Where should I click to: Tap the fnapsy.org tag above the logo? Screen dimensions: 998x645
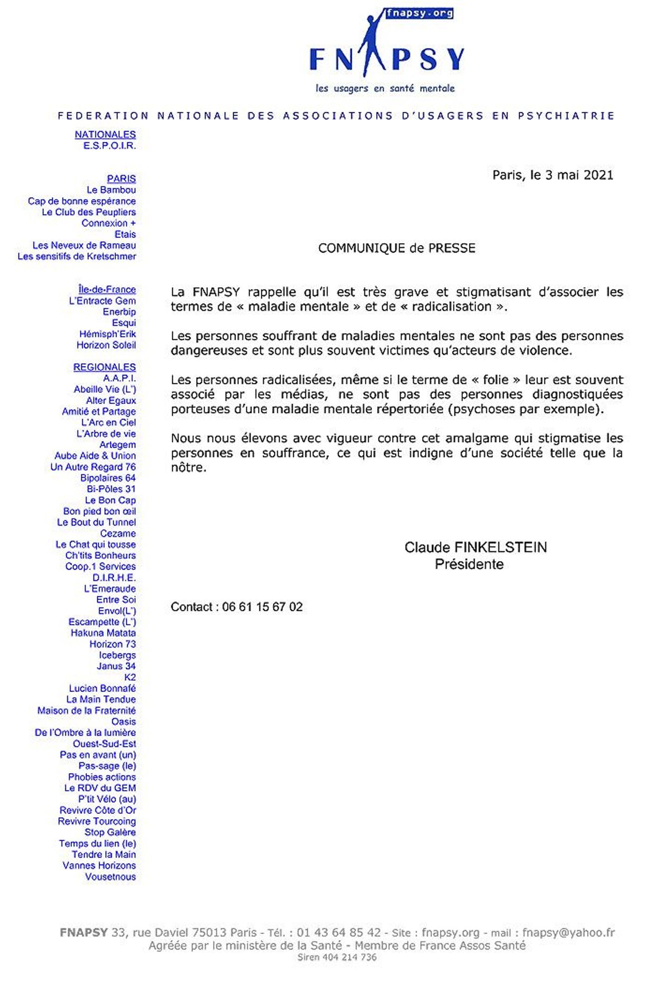pos(419,13)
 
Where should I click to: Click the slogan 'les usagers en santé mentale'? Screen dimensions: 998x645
pos(385,88)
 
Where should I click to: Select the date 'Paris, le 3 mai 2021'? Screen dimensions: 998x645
pos(553,175)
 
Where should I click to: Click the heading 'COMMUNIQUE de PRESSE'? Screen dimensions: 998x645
pos(397,248)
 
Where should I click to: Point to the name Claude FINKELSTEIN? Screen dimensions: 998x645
pos(475,547)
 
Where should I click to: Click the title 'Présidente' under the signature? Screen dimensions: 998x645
pos(469,564)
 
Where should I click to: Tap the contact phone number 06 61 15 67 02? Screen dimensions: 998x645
pos(262,607)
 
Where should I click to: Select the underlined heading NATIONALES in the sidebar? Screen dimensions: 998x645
pos(105,135)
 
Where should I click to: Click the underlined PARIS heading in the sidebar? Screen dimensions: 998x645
pos(121,179)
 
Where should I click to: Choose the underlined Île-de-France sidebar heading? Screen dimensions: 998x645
pos(107,289)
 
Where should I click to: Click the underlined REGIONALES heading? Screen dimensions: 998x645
pos(104,367)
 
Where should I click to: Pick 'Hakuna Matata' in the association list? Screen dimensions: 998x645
pos(103,633)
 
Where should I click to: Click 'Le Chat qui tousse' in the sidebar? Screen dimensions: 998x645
pos(95,544)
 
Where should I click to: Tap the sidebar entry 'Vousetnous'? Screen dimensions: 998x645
pos(110,877)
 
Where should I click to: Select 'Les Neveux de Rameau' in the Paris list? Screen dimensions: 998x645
pos(84,246)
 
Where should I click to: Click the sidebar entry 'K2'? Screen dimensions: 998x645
pos(130,677)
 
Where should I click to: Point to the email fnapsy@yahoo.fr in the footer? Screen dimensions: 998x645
pos(568,933)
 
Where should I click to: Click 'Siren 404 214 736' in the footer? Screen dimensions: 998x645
pos(337,957)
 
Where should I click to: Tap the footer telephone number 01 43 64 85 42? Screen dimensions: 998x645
pos(339,933)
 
